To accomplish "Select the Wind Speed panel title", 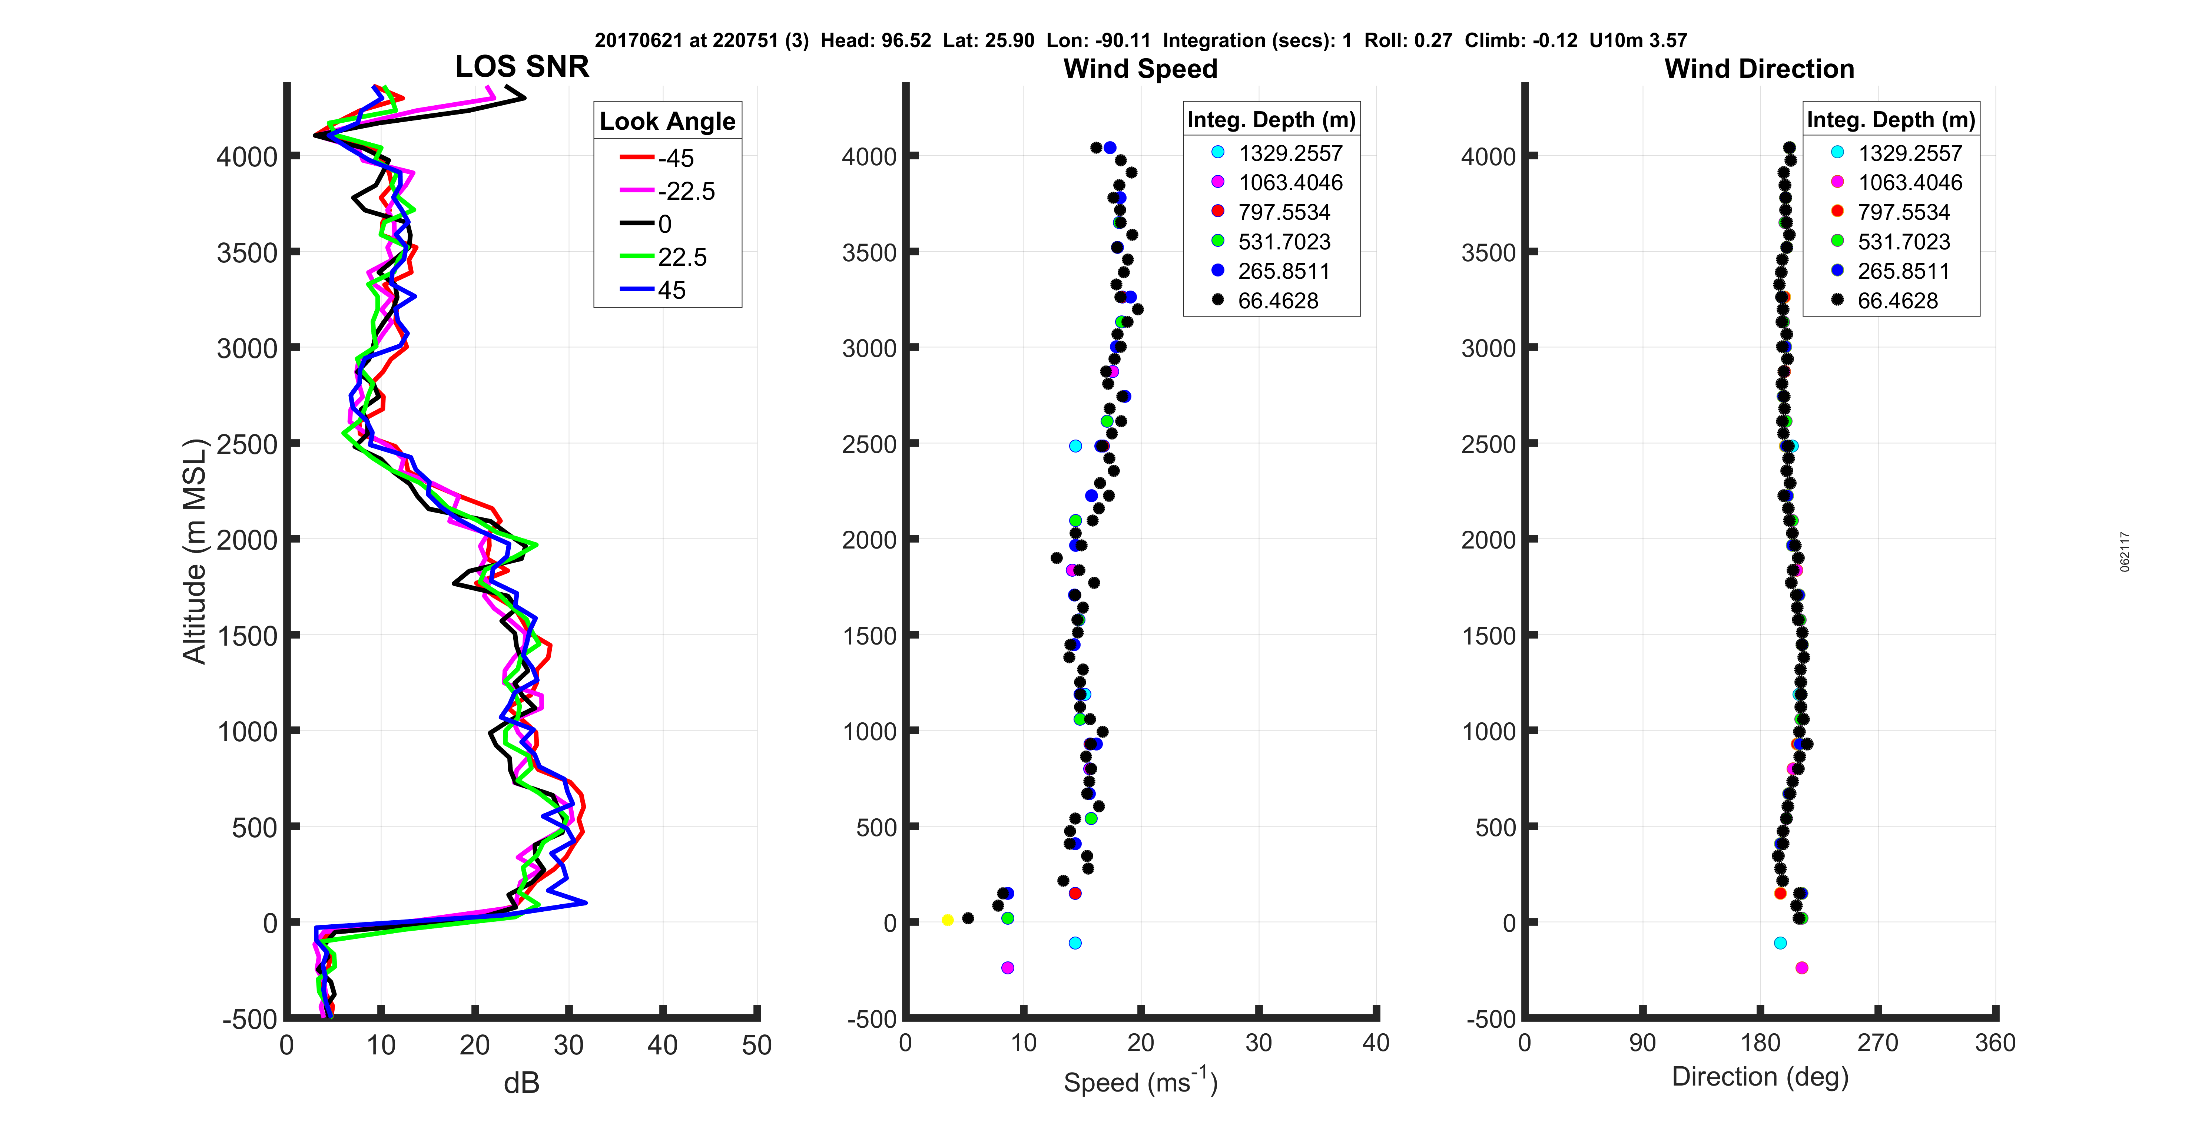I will pyautogui.click(x=1140, y=69).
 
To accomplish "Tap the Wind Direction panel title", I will pyautogui.click(x=1759, y=69).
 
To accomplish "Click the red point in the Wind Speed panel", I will pyautogui.click(x=1075, y=893).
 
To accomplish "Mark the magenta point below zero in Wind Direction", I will pyautogui.click(x=1801, y=967).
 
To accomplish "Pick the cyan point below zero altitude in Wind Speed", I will pyautogui.click(x=1075, y=942).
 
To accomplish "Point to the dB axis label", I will pyautogui.click(x=521, y=1083).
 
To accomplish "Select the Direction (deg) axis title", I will pyautogui.click(x=1760, y=1076).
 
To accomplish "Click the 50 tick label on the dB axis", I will pyautogui.click(x=757, y=1044).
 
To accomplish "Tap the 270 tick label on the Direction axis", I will pyautogui.click(x=1878, y=1043).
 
